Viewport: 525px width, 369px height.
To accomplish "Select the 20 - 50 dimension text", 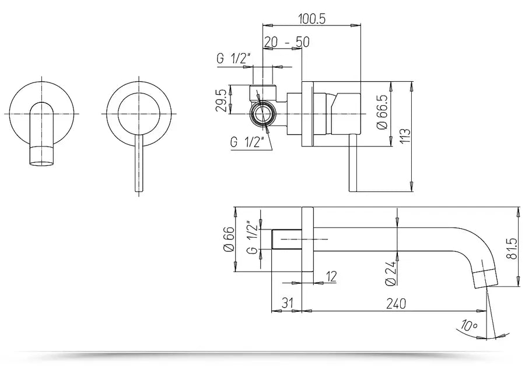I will pyautogui.click(x=286, y=42).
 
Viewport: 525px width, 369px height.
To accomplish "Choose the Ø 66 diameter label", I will pyautogui.click(x=229, y=239).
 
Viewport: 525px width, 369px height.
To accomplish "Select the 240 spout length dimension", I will pyautogui.click(x=395, y=304).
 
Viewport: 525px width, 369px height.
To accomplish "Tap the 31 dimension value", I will pyautogui.click(x=286, y=304).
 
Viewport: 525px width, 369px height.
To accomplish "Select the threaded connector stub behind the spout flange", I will pyautogui.click(x=286, y=239).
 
